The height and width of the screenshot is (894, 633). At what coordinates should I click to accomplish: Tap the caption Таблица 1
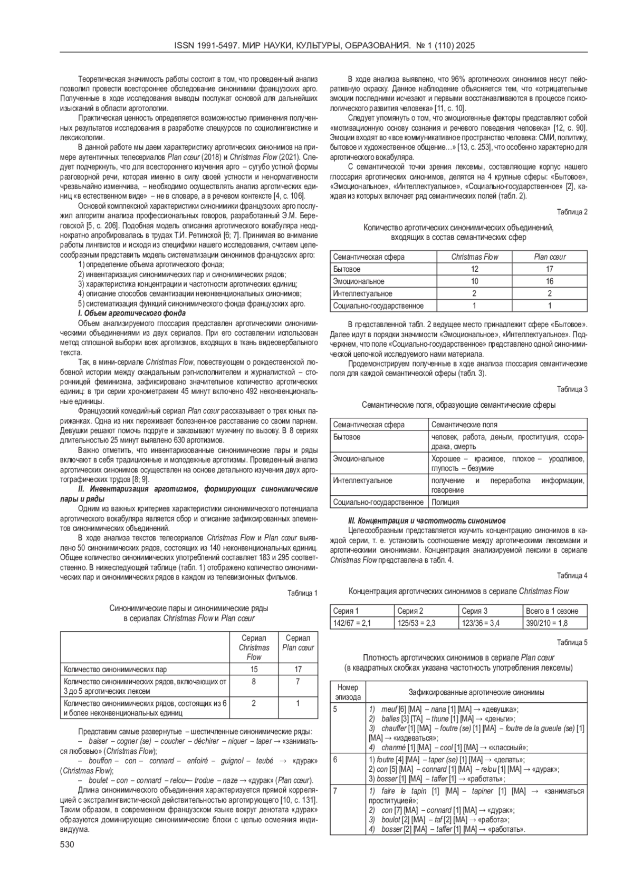302,593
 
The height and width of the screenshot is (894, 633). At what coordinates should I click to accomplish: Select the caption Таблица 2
572,212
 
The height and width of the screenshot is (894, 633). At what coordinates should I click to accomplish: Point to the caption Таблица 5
572,642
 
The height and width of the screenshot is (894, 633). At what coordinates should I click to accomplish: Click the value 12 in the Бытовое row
474,269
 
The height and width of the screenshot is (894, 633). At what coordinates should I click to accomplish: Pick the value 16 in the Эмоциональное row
549,281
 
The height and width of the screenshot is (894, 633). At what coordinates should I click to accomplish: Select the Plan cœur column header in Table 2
549,257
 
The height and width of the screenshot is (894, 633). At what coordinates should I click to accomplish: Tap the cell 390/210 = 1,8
548,623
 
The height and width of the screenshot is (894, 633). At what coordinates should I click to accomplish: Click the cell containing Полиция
445,503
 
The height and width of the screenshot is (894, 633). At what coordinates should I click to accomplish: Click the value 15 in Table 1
254,669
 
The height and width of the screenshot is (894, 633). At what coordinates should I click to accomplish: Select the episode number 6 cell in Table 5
335,760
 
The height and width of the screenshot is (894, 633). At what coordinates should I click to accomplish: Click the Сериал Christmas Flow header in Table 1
254,647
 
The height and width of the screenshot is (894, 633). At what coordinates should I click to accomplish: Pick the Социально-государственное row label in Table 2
378,306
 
